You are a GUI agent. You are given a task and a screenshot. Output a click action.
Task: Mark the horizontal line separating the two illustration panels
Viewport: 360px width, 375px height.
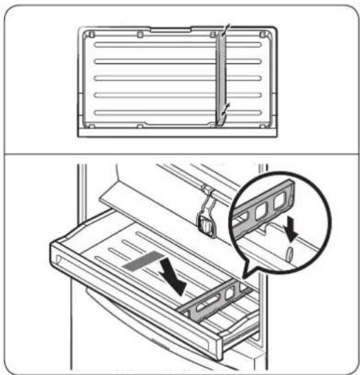(179, 152)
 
